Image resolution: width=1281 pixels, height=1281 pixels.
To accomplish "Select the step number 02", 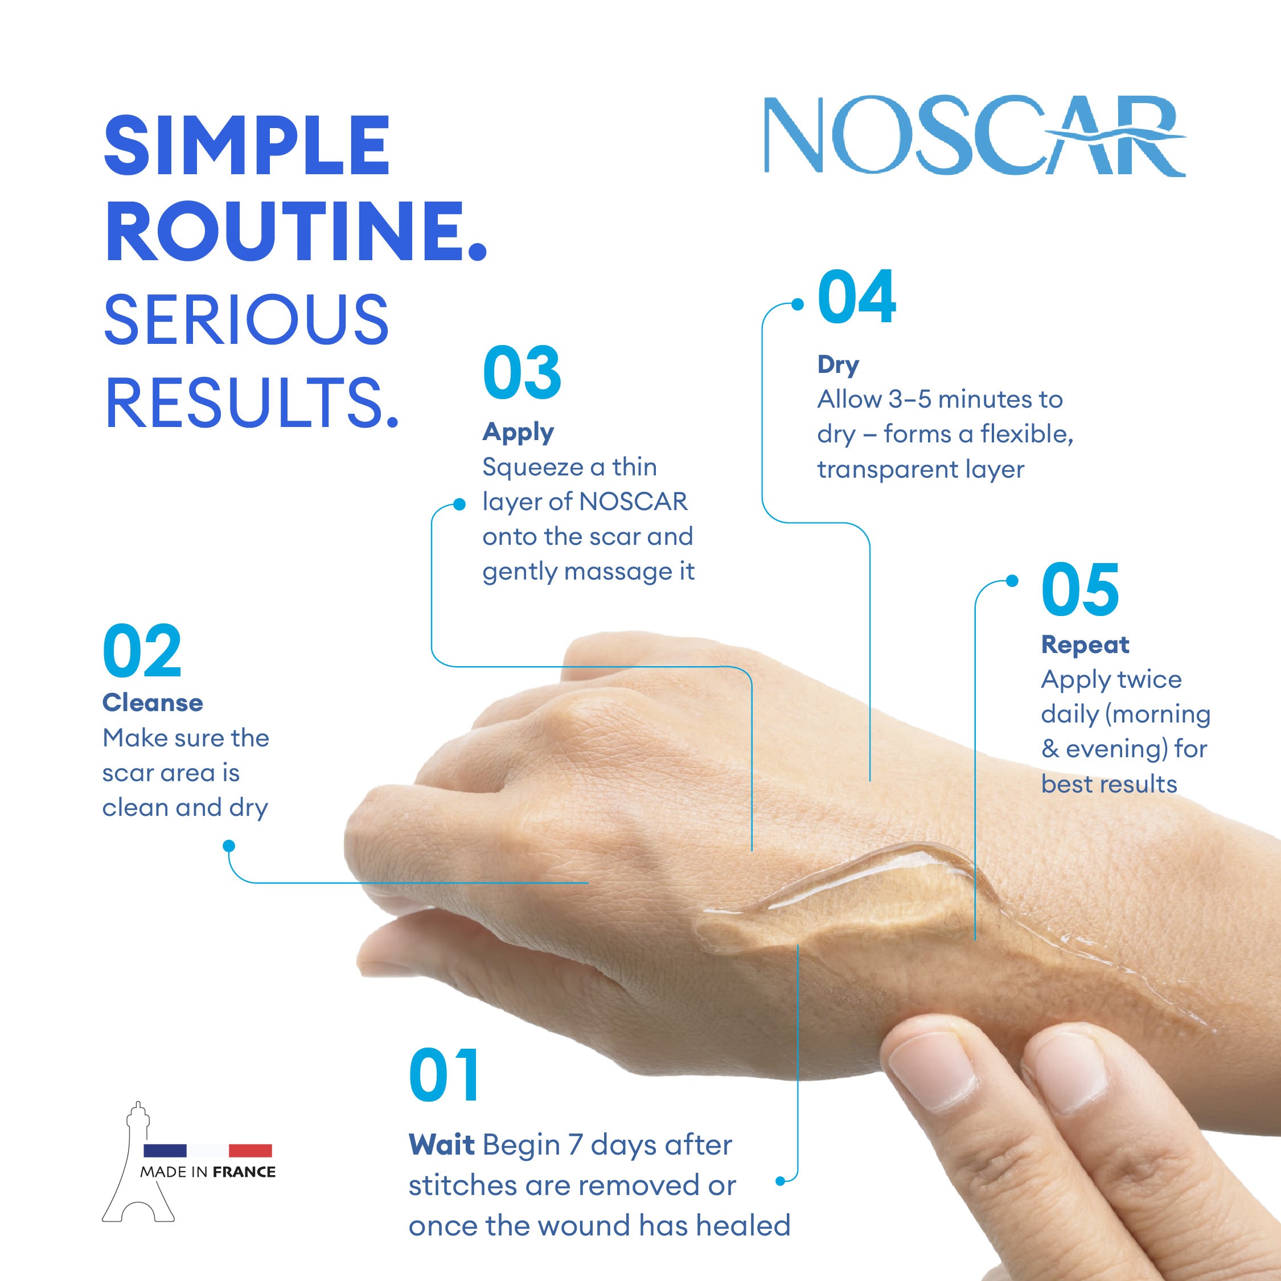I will [x=142, y=652].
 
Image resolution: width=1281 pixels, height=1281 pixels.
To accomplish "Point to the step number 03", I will [x=522, y=373].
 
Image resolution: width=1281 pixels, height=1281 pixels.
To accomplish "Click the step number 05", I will [x=1080, y=589].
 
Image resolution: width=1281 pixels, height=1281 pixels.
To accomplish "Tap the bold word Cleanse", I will [x=153, y=703].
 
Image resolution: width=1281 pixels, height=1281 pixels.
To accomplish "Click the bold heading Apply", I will [x=518, y=432].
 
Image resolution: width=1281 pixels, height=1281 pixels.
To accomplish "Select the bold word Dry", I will [x=838, y=364].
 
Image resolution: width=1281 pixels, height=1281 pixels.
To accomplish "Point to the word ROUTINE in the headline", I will [x=295, y=232].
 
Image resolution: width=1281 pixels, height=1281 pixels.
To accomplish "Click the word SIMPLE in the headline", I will [x=247, y=146].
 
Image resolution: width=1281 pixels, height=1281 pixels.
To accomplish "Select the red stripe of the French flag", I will [x=250, y=1151].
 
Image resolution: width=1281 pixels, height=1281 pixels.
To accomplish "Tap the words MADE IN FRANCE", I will [x=208, y=1172].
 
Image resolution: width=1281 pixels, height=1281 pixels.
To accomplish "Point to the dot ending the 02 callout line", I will [x=229, y=845].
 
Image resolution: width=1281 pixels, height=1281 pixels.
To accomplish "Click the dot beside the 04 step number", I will [x=798, y=305].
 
